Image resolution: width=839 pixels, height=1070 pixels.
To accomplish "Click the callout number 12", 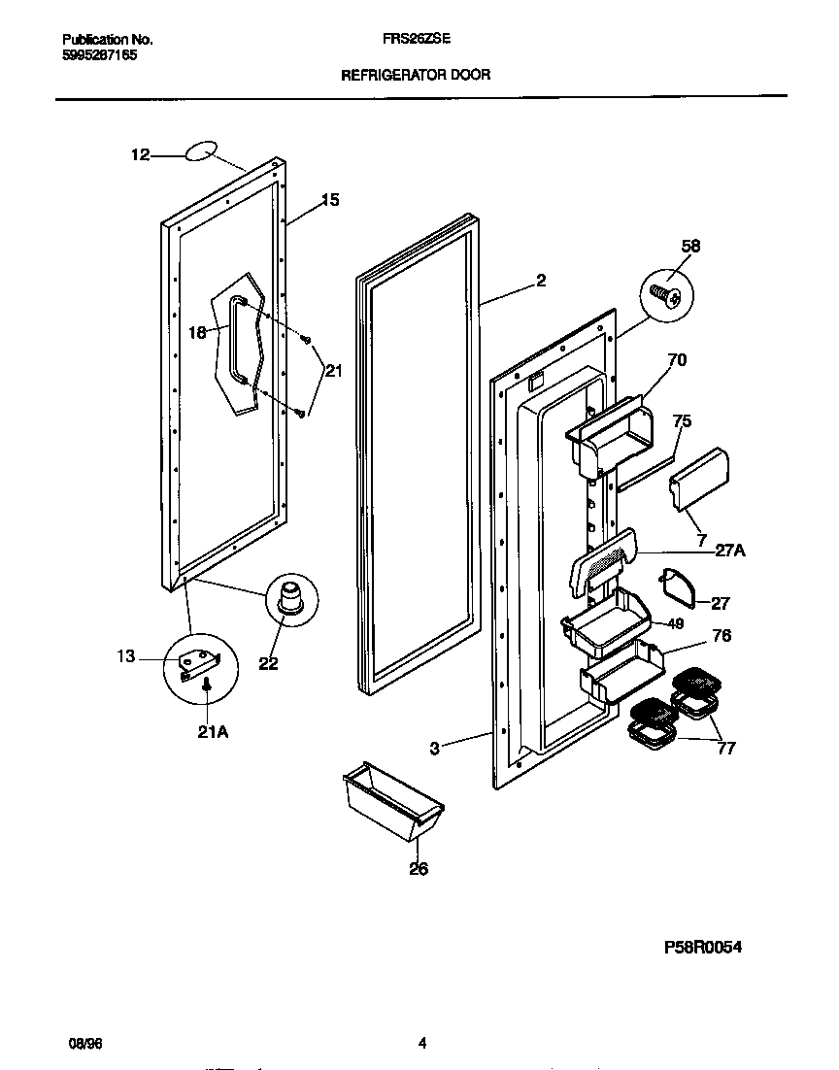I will (x=141, y=153).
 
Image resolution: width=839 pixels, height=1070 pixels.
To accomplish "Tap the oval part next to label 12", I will (x=198, y=150).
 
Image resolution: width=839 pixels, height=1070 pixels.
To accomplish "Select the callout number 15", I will (x=330, y=200).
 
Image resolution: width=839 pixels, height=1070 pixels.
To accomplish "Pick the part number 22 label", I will (x=268, y=664).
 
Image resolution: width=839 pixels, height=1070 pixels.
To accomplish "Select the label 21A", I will (x=213, y=732).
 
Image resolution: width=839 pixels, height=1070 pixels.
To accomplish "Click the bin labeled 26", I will (x=392, y=802).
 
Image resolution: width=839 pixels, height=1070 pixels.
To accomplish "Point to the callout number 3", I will (x=435, y=748).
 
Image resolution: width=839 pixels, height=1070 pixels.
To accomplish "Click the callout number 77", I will (x=725, y=748).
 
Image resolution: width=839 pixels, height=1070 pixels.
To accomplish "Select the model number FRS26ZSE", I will (x=418, y=40).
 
